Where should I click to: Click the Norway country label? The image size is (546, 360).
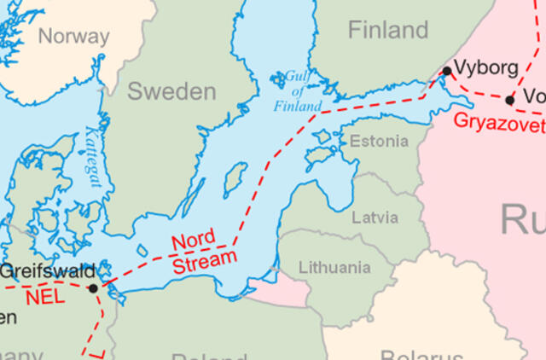(x=74, y=37)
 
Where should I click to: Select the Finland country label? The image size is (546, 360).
(x=387, y=31)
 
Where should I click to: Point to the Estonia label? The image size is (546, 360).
(x=379, y=141)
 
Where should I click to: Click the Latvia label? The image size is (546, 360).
(x=375, y=218)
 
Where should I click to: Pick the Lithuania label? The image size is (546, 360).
(x=334, y=268)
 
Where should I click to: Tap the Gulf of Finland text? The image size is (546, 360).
(x=298, y=92)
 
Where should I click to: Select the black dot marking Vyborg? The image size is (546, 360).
(x=446, y=71)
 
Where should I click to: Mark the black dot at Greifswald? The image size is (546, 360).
(x=93, y=287)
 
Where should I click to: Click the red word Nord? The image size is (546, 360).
(x=194, y=241)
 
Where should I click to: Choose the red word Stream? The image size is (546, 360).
(x=205, y=261)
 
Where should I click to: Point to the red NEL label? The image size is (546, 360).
(x=44, y=298)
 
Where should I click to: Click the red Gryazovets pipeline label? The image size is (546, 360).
(x=499, y=121)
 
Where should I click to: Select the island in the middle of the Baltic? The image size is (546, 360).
(x=235, y=180)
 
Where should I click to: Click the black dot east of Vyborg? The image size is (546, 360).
(x=510, y=100)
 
